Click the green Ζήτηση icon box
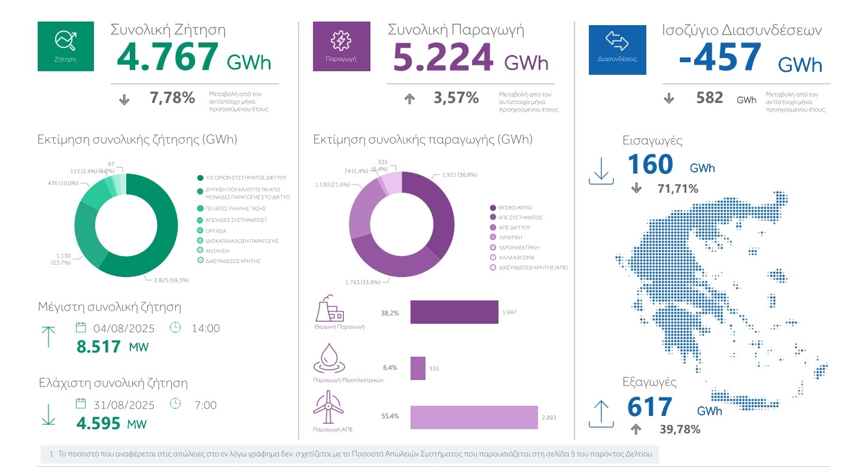pos(66,46)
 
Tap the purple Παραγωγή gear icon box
pos(342,46)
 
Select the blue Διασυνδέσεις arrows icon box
pos(617,50)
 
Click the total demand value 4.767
pos(168,57)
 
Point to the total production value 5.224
pos(443,57)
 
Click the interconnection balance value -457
pos(720,58)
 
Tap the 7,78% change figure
pos(172,98)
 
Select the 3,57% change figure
pos(456,98)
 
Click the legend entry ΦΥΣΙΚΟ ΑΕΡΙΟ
pos(511,208)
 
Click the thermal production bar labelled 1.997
pos(454,312)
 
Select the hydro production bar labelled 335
pos(418,368)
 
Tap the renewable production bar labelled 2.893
pos(474,417)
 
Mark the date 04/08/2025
pos(123,328)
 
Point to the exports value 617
pos(650,408)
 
